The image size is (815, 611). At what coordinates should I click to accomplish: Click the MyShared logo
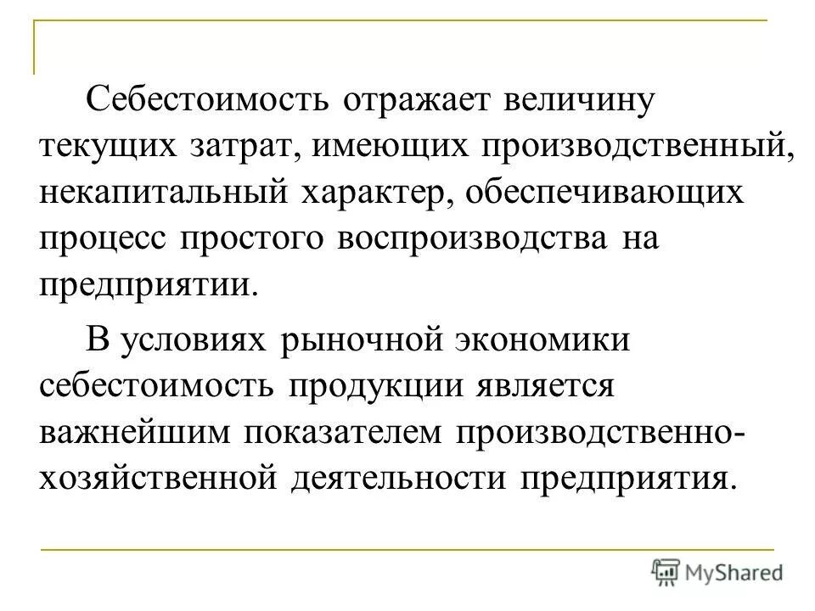click(x=717, y=570)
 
